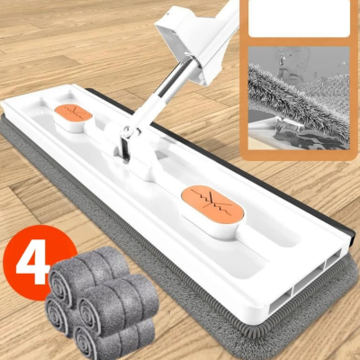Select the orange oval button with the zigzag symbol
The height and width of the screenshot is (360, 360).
(213, 203)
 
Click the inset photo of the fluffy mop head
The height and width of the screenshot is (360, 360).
(298, 98)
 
